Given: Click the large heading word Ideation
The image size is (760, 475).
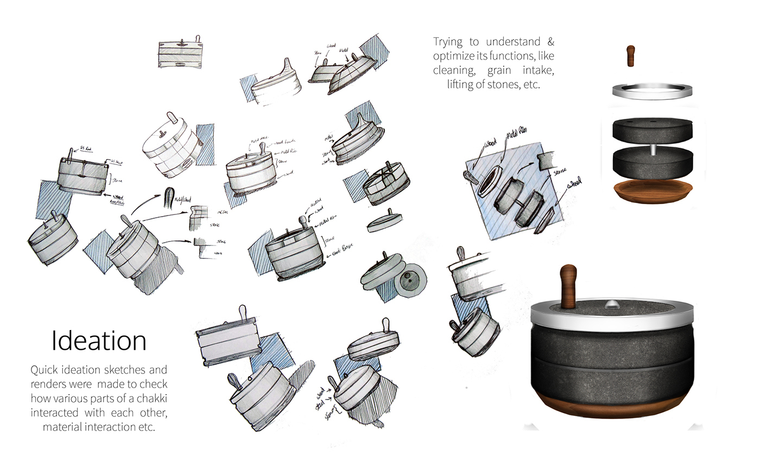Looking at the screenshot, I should point(99,341).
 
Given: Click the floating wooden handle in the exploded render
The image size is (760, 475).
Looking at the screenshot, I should point(631,56).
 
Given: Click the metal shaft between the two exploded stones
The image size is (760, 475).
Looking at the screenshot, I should point(653,150).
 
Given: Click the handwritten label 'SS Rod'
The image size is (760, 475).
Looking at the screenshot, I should point(86,148).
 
